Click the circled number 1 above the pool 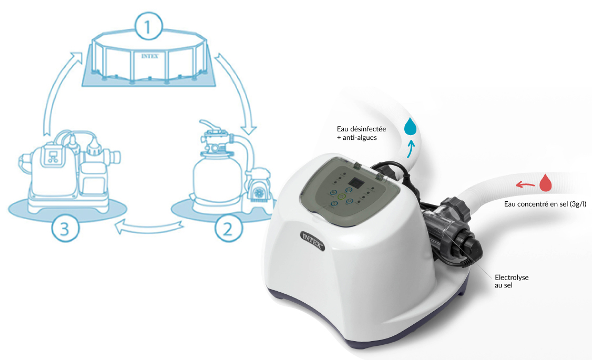click(x=149, y=26)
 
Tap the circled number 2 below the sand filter click(x=228, y=228)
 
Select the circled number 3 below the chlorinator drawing click(x=65, y=228)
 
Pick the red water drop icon click(x=546, y=183)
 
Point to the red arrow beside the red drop click(x=525, y=184)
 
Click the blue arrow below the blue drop click(x=411, y=149)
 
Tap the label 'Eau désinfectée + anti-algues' click(x=361, y=133)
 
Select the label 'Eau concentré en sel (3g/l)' click(x=545, y=204)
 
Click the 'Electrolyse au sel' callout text click(x=512, y=281)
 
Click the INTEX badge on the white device click(x=313, y=241)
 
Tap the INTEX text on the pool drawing click(x=150, y=56)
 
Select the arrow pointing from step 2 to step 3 click(x=149, y=227)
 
